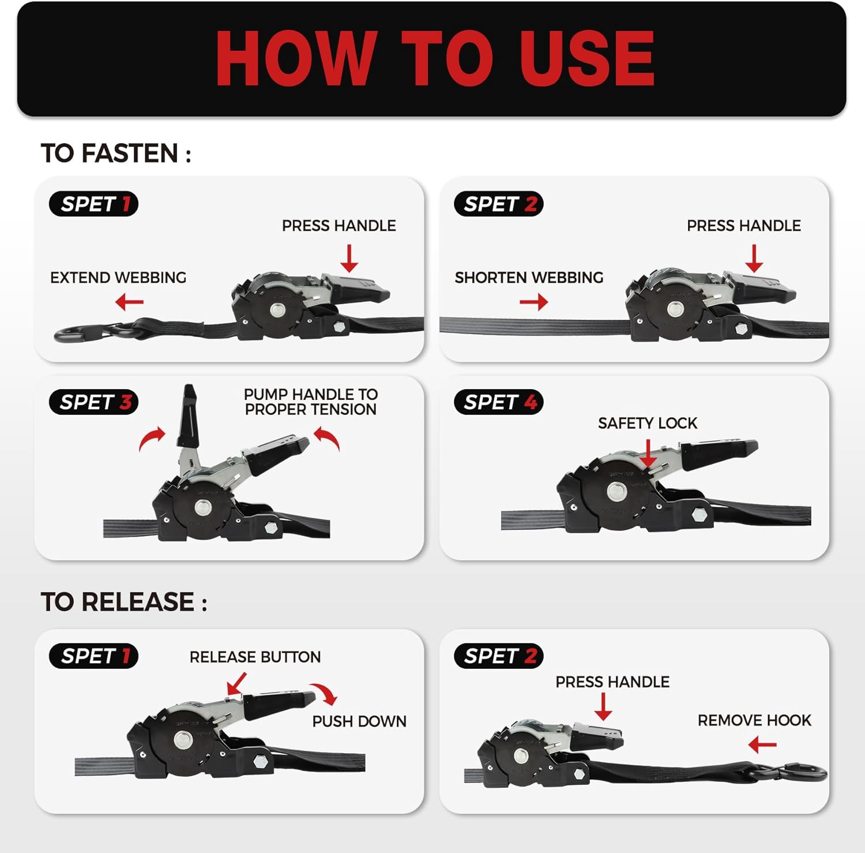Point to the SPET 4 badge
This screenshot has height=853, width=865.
coord(499,402)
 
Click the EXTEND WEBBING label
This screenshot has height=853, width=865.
coord(118,278)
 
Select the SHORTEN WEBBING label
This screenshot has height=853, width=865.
coord(529,278)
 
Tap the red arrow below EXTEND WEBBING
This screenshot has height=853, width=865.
coord(129,302)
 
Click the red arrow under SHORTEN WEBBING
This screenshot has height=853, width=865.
coord(533,302)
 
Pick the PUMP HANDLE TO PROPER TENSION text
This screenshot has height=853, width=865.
coord(311,402)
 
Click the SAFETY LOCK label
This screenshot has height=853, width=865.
coord(648,423)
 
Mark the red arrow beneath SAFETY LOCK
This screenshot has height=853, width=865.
coord(649,453)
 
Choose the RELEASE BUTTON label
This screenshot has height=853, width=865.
coord(255,657)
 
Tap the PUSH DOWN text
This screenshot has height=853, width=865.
coord(359,721)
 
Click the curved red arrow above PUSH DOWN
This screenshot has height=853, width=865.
coord(324,693)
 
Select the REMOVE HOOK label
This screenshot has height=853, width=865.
coord(754,720)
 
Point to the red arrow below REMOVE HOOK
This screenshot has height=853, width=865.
coord(762,745)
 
